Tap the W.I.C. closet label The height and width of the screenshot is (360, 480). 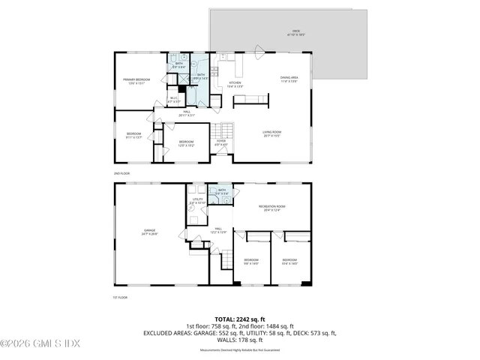(173, 98)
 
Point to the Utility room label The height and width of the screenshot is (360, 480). (197, 201)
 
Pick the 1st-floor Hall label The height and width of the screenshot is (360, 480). (218, 230)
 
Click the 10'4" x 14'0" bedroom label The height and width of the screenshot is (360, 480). (289, 262)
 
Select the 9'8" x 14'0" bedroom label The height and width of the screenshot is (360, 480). (250, 262)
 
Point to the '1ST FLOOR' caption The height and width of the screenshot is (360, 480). (121, 297)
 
